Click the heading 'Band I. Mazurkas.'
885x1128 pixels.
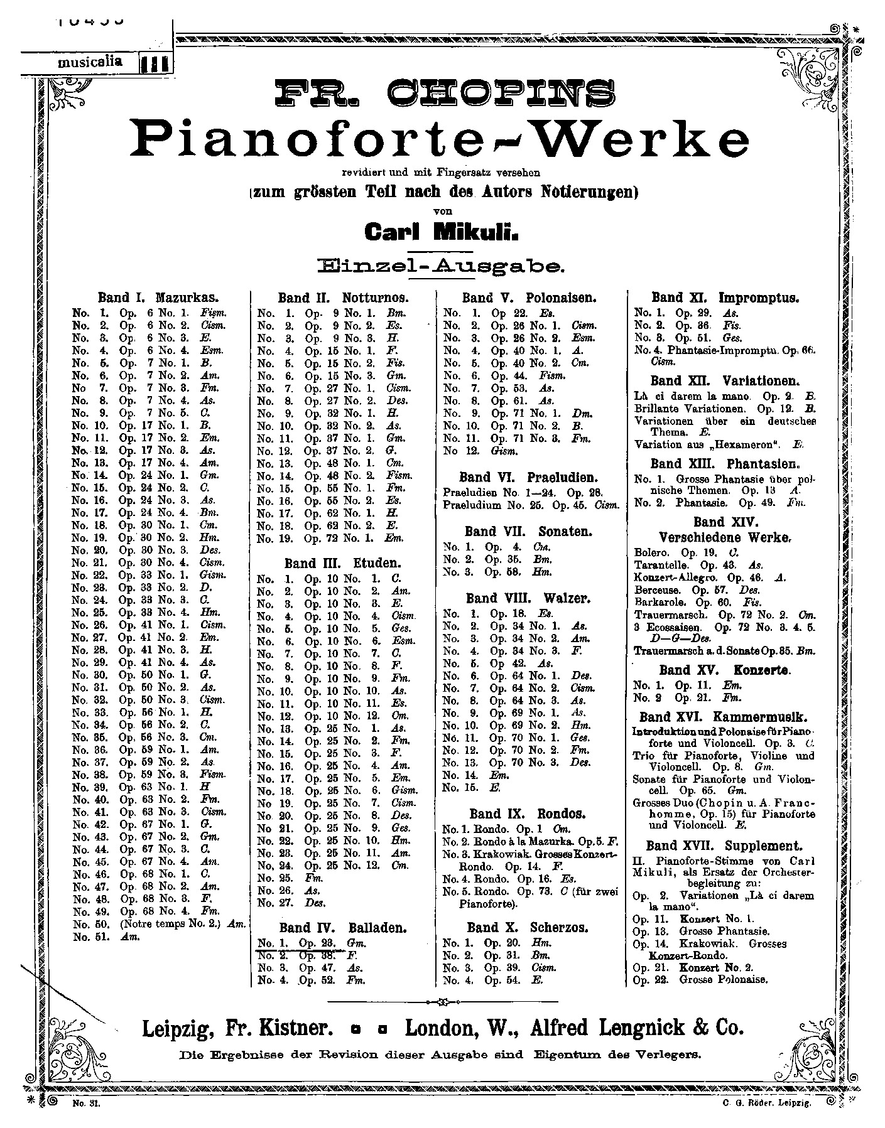(x=162, y=298)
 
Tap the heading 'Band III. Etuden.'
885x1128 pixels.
(x=342, y=563)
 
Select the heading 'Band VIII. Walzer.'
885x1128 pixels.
(x=528, y=598)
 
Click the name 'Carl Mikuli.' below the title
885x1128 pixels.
(x=442, y=233)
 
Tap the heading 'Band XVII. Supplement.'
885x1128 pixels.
(x=724, y=846)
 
